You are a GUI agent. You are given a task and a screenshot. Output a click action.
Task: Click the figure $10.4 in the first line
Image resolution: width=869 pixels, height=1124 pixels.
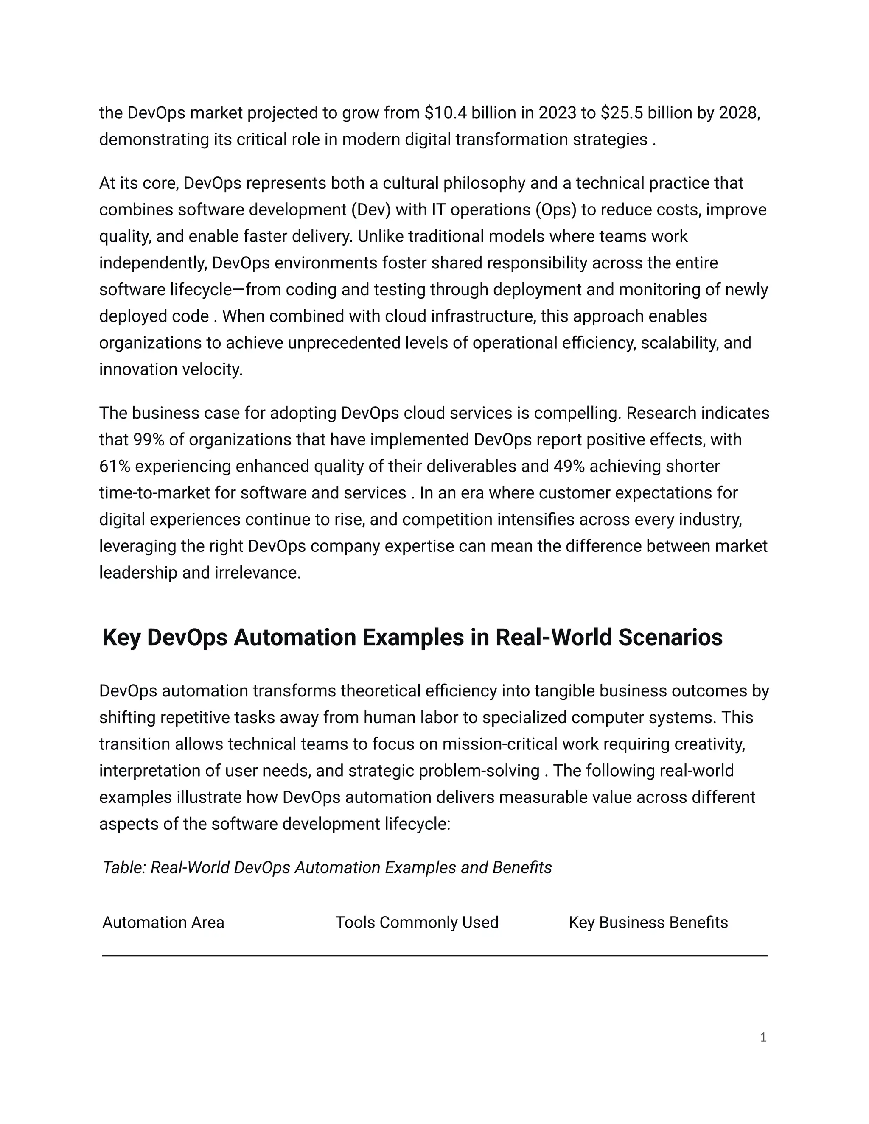tap(446, 113)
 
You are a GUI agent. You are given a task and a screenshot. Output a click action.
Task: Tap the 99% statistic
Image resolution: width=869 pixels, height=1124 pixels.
tap(145, 439)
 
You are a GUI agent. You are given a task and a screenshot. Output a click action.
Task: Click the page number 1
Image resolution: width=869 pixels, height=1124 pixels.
tap(763, 1037)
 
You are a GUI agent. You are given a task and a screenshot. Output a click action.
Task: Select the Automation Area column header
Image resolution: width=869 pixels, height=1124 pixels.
tap(163, 922)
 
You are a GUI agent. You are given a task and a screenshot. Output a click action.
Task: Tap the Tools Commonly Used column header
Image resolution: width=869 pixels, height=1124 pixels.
tap(417, 922)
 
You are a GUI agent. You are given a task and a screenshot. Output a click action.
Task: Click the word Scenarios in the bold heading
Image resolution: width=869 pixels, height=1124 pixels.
tap(670, 637)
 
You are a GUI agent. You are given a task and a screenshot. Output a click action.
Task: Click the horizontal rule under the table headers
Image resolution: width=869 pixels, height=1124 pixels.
tap(435, 956)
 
